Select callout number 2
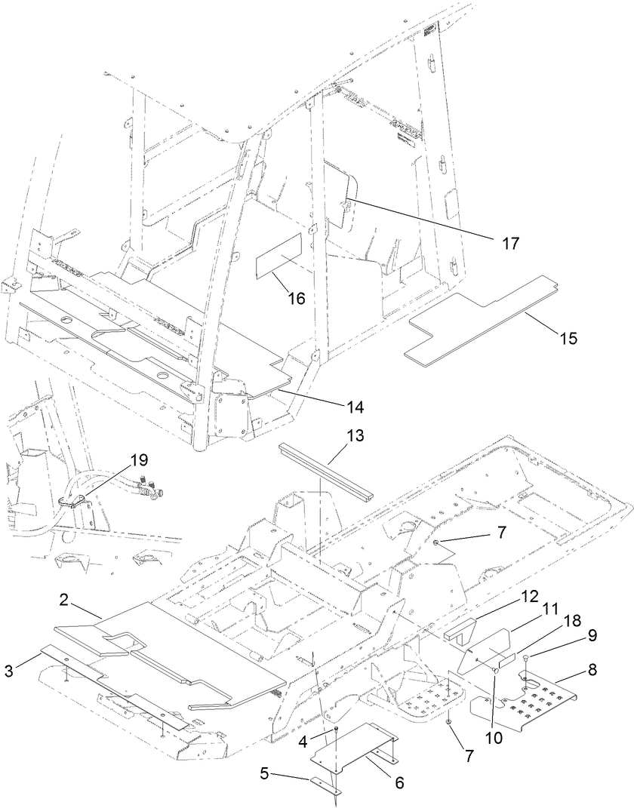[64, 601]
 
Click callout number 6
[398, 782]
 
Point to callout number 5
[264, 774]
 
